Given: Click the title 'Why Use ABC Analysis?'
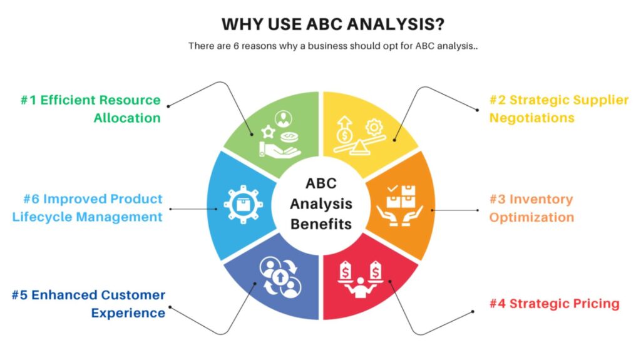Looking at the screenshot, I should [x=320, y=24].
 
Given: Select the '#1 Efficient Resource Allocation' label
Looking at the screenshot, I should [x=90, y=109].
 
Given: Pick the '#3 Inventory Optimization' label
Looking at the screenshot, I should [x=531, y=208].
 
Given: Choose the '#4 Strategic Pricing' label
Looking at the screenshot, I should [x=554, y=304].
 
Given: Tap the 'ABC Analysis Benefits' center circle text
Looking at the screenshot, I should [x=320, y=203].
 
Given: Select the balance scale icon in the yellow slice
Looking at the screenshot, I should [x=357, y=135].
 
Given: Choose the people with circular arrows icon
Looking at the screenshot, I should [x=280, y=276].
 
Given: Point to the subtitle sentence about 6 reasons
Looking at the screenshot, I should [x=320, y=46].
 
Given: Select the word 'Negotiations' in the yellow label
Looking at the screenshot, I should [x=531, y=118].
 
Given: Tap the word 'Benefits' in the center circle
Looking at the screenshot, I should [x=320, y=224].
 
